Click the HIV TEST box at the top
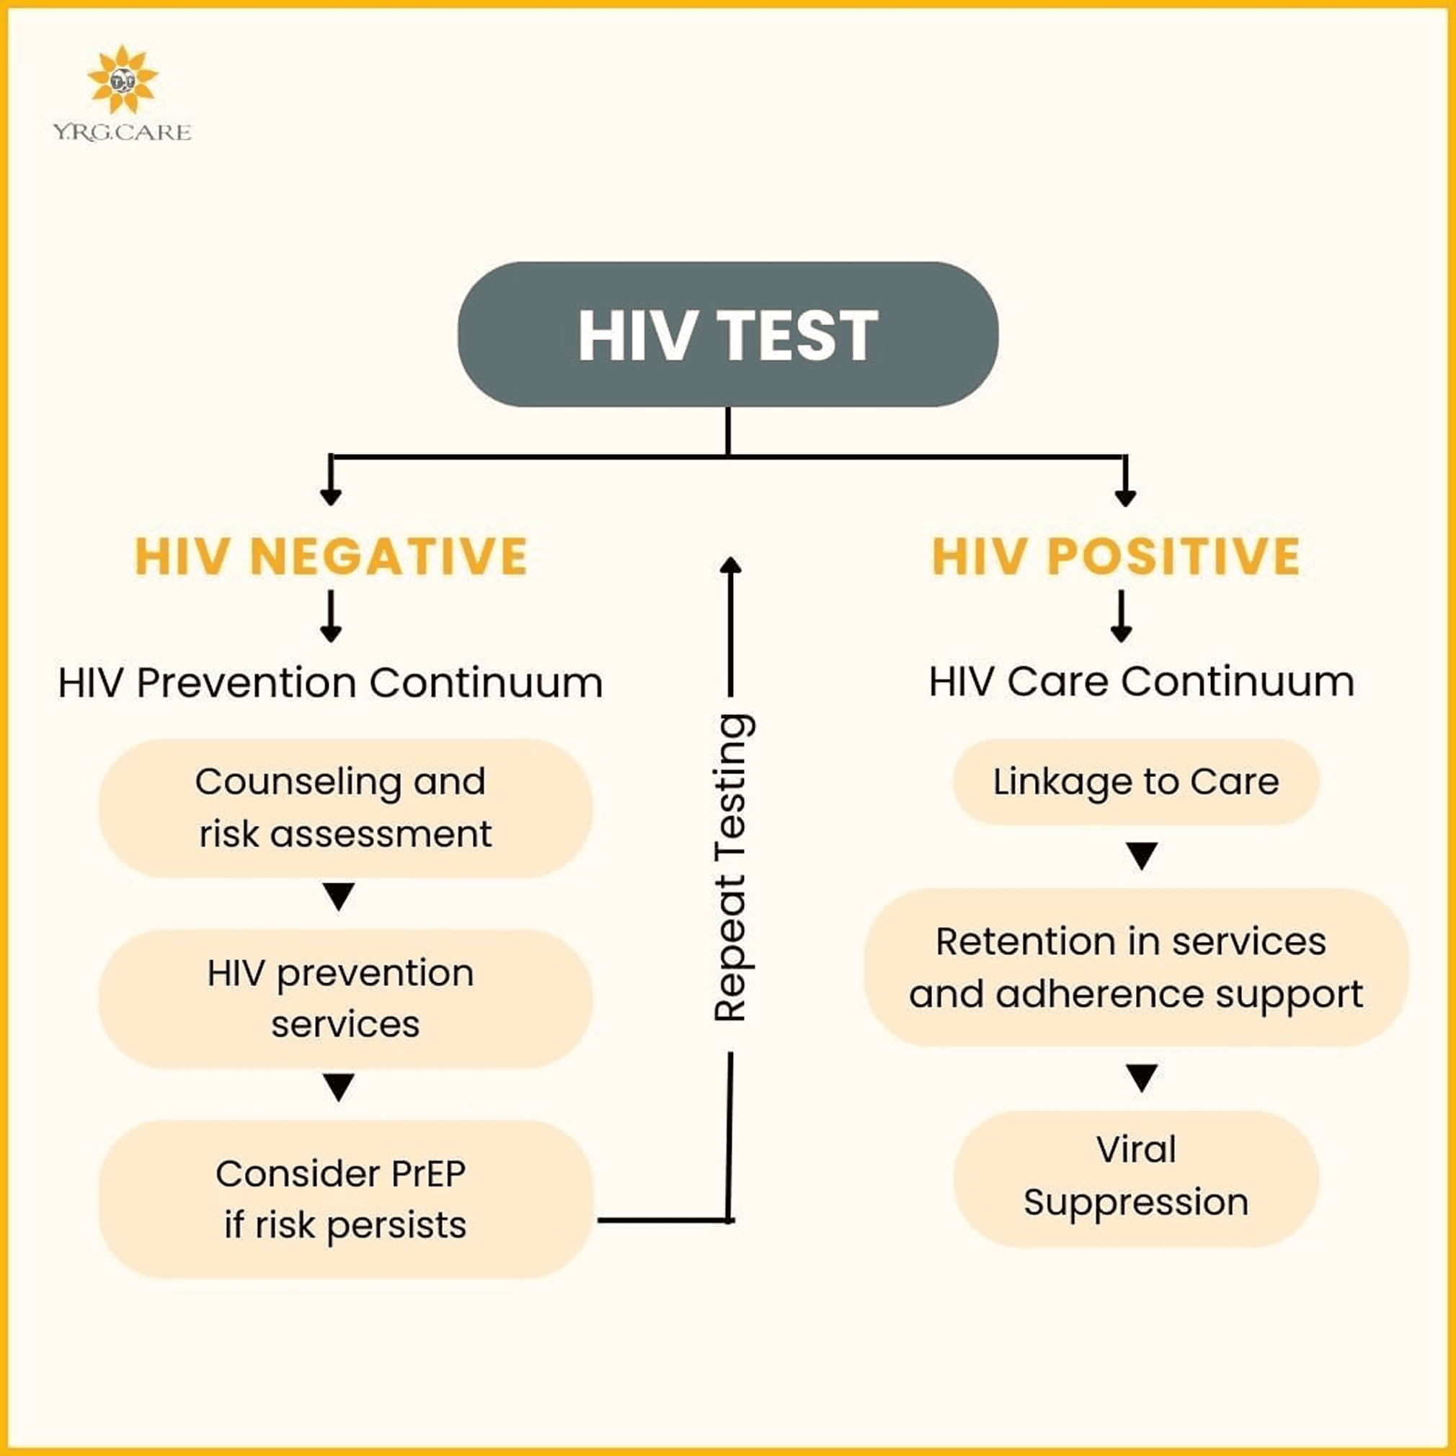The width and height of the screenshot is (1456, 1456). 728,334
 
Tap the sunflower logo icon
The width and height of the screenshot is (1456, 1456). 122,80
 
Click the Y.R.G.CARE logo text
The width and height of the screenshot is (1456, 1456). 122,133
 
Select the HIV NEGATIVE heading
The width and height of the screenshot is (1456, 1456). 331,556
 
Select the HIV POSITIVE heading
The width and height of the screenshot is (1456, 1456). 1116,556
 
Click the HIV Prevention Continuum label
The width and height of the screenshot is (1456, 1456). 330,683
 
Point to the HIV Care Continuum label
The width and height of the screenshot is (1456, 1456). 1141,681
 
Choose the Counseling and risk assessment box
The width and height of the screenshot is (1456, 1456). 345,808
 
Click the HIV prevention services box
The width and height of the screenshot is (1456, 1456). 345,998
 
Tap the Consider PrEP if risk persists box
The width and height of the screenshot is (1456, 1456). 345,1198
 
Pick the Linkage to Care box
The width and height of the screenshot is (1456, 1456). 1136,781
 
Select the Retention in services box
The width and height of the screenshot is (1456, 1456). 1136,967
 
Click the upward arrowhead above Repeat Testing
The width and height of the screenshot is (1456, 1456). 730,565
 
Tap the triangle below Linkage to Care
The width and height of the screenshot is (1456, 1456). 1142,856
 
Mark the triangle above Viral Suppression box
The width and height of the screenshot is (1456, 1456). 1142,1078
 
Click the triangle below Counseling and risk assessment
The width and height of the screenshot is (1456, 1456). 338,897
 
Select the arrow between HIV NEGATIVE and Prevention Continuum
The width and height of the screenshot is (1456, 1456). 331,616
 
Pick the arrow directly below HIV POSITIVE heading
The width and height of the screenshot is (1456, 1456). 1122,616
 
